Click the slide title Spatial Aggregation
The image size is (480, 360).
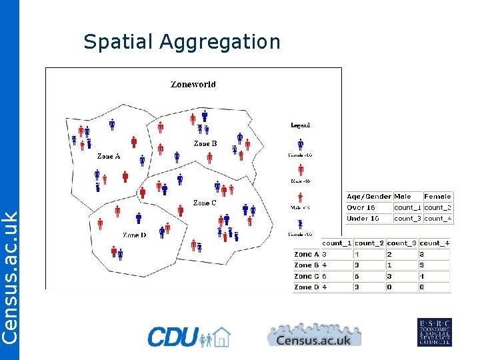pyautogui.click(x=181, y=42)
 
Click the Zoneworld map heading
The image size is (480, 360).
pyautogui.click(x=193, y=85)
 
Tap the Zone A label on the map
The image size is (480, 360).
pyautogui.click(x=109, y=157)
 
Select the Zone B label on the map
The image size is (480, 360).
pyautogui.click(x=205, y=143)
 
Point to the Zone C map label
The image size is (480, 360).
pyautogui.click(x=205, y=203)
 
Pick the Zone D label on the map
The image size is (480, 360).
pyautogui.click(x=134, y=235)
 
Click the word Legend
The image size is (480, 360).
pyautogui.click(x=301, y=125)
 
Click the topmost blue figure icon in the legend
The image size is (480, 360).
pyautogui.click(x=301, y=144)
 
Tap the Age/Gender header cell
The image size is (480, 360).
pyautogui.click(x=369, y=197)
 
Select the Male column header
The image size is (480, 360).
pyautogui.click(x=403, y=197)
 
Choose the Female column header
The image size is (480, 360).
pyautogui.click(x=437, y=197)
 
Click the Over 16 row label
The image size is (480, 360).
pyautogui.click(x=361, y=207)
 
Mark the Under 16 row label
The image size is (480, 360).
pyautogui.click(x=363, y=218)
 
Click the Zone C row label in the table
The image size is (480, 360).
pyautogui.click(x=307, y=276)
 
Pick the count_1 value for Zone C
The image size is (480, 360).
pyautogui.click(x=325, y=276)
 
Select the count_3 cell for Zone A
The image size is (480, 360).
pyautogui.click(x=390, y=254)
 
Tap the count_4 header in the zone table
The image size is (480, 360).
pyautogui.click(x=435, y=243)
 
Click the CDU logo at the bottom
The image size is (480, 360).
pyautogui.click(x=189, y=337)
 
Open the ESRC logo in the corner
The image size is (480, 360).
pyautogui.click(x=434, y=332)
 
